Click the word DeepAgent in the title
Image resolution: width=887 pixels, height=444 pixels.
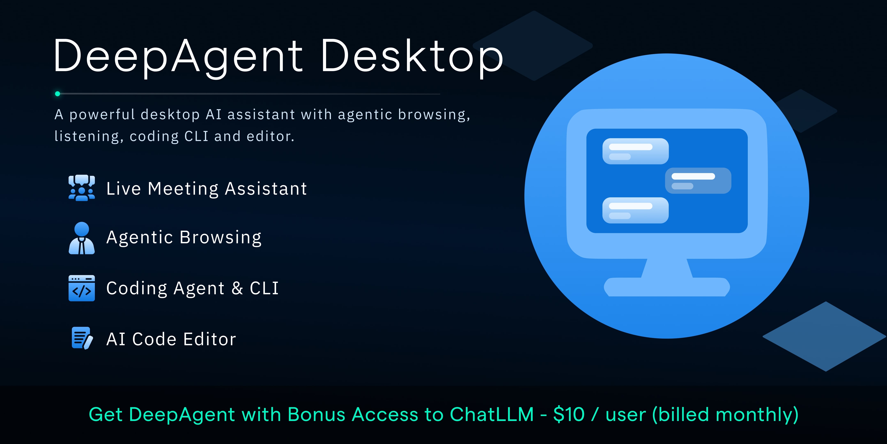tap(177, 57)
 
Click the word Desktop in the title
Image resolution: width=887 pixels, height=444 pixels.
tap(411, 57)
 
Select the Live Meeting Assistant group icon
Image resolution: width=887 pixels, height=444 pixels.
tap(82, 188)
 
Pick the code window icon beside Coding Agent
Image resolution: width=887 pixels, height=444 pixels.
tap(82, 288)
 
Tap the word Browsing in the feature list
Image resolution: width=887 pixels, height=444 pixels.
tap(220, 237)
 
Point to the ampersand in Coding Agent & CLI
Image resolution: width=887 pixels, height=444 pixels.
tap(237, 288)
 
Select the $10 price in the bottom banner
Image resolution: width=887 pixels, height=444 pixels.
tap(569, 414)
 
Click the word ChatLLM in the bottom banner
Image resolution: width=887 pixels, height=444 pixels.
tap(492, 414)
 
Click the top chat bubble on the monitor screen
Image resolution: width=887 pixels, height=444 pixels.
tap(635, 151)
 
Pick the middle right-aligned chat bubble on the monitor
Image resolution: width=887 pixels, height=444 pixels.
tap(698, 181)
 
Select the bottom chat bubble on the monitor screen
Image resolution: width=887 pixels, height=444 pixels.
tap(635, 210)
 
